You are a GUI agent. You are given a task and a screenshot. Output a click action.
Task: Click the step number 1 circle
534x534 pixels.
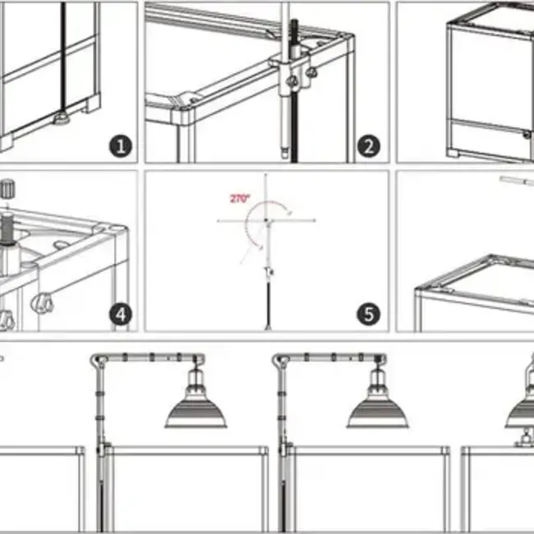121,146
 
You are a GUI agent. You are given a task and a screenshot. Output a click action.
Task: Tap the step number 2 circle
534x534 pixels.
368,146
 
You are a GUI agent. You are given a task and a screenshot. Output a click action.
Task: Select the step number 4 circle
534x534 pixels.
121,314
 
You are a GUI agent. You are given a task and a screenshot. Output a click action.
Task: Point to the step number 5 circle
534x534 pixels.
368,314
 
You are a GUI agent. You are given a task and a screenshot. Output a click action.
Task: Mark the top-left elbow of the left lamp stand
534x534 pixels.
98,359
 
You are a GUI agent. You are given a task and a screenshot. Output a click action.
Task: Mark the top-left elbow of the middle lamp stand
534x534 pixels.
280,359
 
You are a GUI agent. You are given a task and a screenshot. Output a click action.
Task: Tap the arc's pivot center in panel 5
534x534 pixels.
267,220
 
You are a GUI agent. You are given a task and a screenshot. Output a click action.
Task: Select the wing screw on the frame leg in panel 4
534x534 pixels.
39,304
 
